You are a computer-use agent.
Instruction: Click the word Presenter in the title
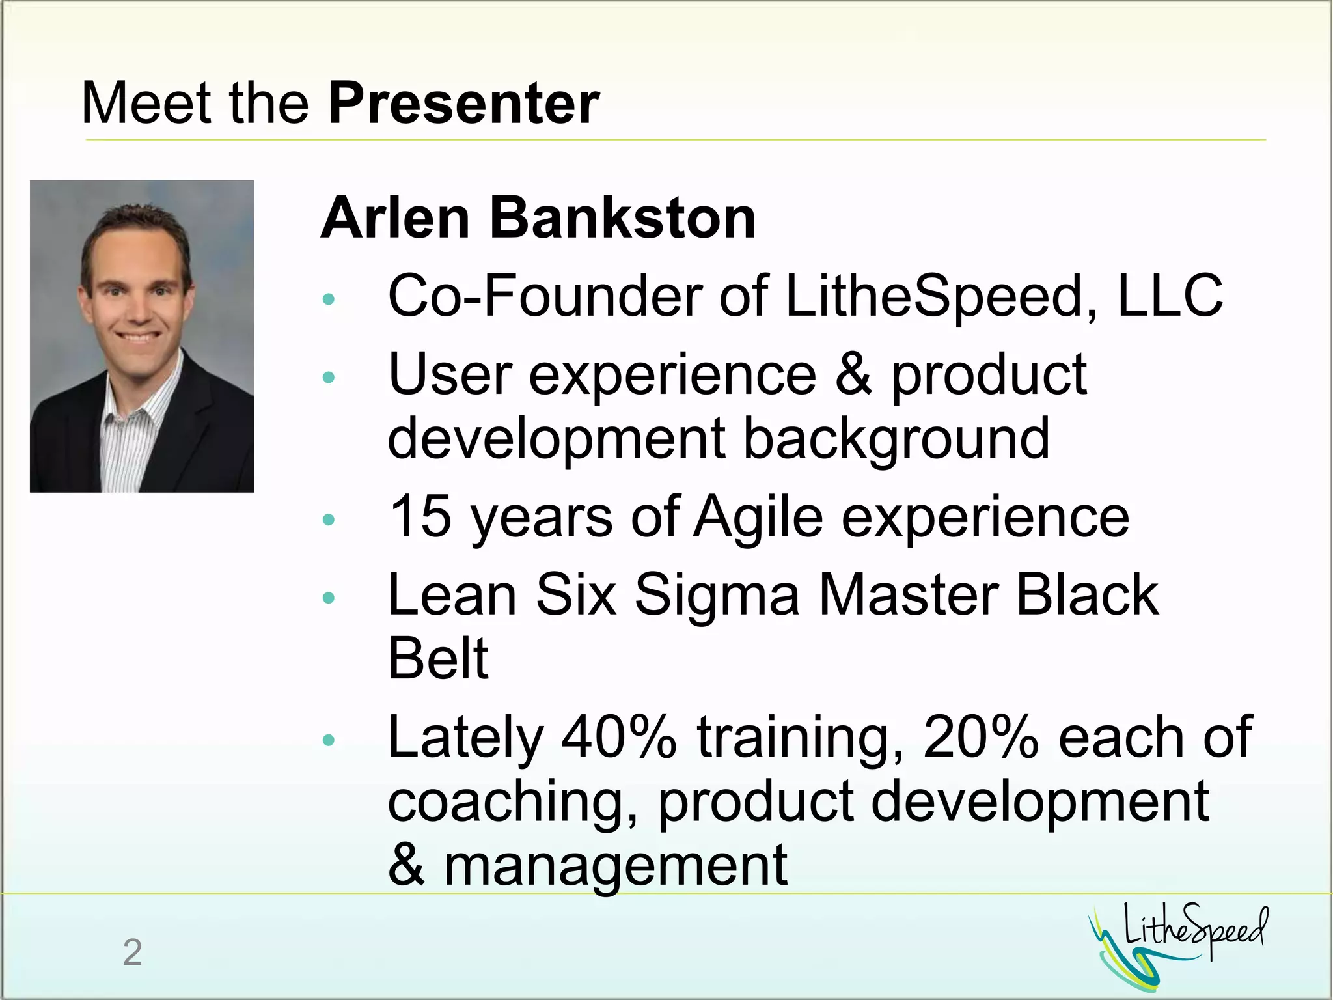coord(463,104)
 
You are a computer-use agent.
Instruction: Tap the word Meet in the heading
coord(146,104)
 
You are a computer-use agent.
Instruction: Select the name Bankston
coord(622,218)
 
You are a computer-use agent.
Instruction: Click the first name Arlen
coord(395,218)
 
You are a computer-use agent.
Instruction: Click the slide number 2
coord(132,952)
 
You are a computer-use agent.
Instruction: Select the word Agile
coord(758,518)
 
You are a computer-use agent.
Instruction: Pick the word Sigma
coord(716,595)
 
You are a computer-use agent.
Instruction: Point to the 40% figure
coord(618,738)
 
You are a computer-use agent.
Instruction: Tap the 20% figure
coord(980,738)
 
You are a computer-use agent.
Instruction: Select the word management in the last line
coord(615,865)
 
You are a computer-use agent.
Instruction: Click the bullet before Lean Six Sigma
coord(329,598)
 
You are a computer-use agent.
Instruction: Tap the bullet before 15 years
coord(329,519)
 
